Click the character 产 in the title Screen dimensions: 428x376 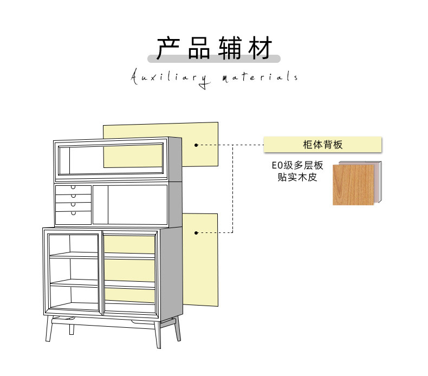click(168, 48)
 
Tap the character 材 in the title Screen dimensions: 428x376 click(260, 48)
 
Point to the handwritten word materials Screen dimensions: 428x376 click(260, 76)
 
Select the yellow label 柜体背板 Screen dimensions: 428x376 click(323, 145)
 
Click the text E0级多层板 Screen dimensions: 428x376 click(297, 165)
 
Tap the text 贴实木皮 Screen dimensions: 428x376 click(297, 177)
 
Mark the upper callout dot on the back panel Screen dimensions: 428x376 click(196, 145)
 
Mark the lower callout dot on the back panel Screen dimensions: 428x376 click(196, 233)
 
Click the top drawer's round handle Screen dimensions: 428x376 click(73, 187)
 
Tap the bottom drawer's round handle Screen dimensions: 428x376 click(73, 213)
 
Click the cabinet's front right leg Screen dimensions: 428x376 click(158, 335)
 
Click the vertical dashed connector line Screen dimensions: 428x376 click(232, 189)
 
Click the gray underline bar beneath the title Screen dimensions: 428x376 click(214, 59)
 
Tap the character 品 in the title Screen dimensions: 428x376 click(199, 48)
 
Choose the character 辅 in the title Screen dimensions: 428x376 click(230, 48)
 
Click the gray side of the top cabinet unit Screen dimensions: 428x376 click(175, 159)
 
